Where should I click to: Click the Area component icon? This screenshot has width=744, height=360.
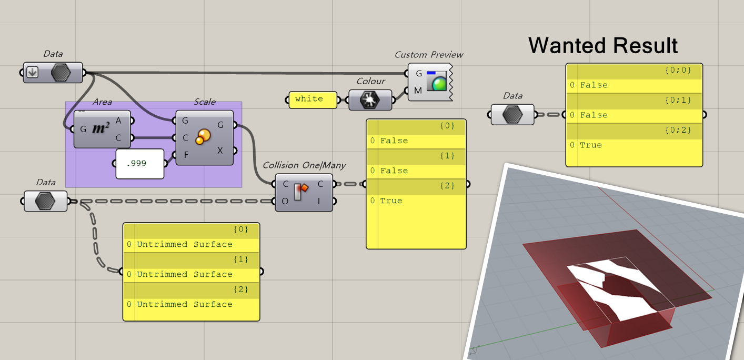[x=100, y=129]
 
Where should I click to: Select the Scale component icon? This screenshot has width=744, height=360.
[x=203, y=138]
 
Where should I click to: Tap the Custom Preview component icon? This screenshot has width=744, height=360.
[x=436, y=82]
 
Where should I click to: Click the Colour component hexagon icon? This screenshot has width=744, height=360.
[x=370, y=99]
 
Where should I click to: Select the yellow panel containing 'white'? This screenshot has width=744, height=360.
[x=313, y=99]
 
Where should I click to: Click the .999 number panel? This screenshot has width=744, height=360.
[x=139, y=164]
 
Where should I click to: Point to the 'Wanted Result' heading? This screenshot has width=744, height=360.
[x=602, y=46]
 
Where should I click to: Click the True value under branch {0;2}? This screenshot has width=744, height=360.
[x=590, y=145]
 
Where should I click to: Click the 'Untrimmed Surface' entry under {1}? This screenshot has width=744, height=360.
[x=184, y=274]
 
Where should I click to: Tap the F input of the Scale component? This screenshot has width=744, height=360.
[x=185, y=155]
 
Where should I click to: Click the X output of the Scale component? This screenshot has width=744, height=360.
[x=220, y=151]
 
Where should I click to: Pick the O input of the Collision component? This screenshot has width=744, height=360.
[x=285, y=201]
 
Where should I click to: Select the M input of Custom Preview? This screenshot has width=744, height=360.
[x=418, y=91]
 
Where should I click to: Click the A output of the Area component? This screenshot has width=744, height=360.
[x=118, y=121]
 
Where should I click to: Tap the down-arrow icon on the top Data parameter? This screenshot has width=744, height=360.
[x=33, y=73]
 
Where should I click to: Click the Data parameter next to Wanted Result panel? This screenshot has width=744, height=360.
[x=512, y=114]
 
